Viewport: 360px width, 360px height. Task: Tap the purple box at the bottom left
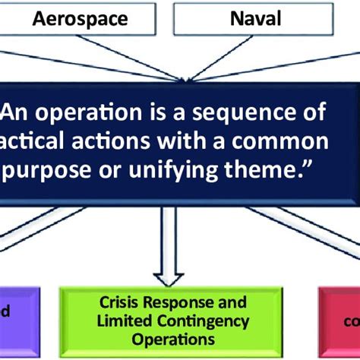tap(15, 320)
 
